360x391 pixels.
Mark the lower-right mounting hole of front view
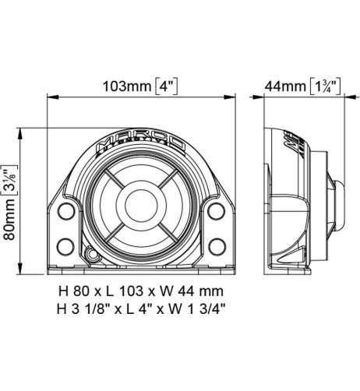(x=215, y=247)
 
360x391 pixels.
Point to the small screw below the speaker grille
(x=93, y=254)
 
